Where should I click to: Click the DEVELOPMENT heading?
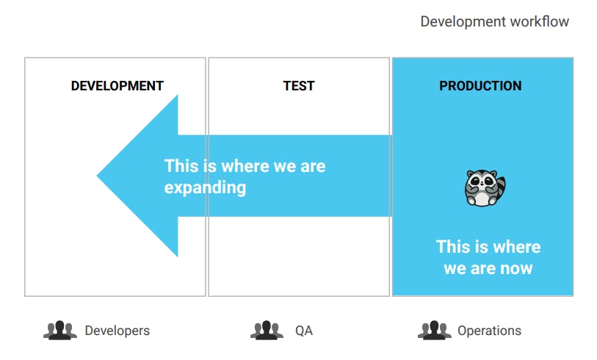pyautogui.click(x=117, y=86)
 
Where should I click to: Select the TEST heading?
pyautogui.click(x=299, y=86)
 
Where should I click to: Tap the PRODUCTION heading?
pyautogui.click(x=480, y=86)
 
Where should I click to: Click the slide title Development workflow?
pyautogui.click(x=495, y=21)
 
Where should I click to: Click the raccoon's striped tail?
pyautogui.click(x=500, y=187)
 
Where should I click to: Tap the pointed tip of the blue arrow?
pyautogui.click(x=98, y=176)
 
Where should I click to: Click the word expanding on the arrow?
pyautogui.click(x=205, y=188)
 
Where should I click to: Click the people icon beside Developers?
pyautogui.click(x=59, y=330)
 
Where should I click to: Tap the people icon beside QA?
pyautogui.click(x=267, y=330)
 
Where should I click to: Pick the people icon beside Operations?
pyautogui.click(x=435, y=330)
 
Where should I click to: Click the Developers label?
pyautogui.click(x=117, y=331)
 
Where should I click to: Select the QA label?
pyautogui.click(x=304, y=331)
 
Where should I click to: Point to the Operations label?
pyautogui.click(x=489, y=331)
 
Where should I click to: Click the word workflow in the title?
pyautogui.click(x=540, y=21)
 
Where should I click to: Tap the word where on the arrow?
pyautogui.click(x=245, y=166)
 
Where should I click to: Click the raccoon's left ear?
pyautogui.click(x=471, y=173)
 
